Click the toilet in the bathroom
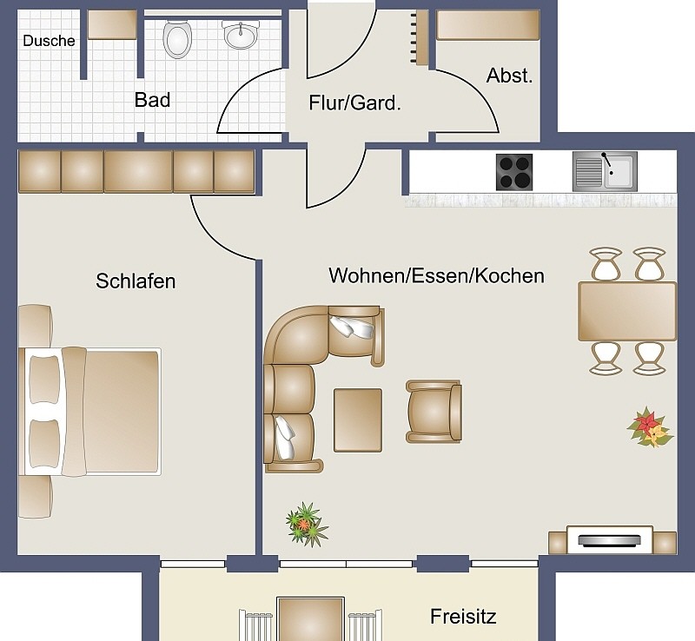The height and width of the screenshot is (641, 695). [x=177, y=39]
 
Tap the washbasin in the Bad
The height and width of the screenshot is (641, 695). [x=241, y=35]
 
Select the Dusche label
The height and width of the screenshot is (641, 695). [x=49, y=41]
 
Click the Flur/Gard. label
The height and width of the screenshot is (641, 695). [x=354, y=102]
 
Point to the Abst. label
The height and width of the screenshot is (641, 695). [x=509, y=76]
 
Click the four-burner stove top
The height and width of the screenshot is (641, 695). [x=514, y=172]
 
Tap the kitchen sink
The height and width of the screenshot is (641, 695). [x=605, y=172]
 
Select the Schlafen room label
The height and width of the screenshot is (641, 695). [x=136, y=281]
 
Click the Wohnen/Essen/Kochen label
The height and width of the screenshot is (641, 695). [x=437, y=275]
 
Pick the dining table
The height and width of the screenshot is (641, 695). [x=627, y=311]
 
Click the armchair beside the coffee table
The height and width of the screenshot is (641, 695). [x=434, y=412]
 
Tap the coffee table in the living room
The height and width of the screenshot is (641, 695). [x=358, y=420]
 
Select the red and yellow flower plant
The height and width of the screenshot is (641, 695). [x=650, y=426]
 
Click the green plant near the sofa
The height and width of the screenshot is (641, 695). [x=307, y=524]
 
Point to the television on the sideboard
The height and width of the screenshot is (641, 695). [x=610, y=540]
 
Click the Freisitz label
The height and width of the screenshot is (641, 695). [x=463, y=616]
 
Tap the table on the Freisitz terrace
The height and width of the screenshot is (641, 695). [x=310, y=619]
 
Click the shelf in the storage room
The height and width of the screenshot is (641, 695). [x=488, y=25]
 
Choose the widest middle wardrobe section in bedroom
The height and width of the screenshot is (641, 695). [x=138, y=172]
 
